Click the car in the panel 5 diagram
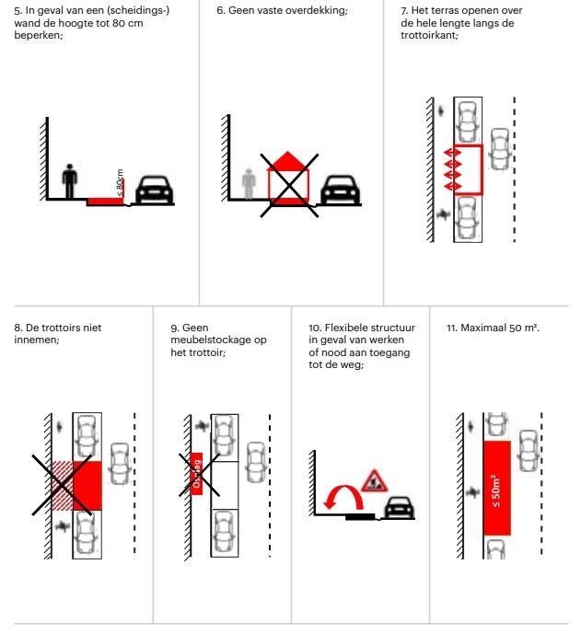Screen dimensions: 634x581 153,190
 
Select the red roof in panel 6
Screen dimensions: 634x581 288,162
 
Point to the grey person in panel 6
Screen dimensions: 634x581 247,182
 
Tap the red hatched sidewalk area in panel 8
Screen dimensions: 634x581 61,484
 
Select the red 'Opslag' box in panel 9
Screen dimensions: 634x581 195,473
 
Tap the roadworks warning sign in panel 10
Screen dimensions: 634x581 375,479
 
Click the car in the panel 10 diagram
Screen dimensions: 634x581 399,505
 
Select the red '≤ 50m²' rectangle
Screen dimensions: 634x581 496,487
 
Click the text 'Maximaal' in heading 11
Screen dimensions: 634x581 483,328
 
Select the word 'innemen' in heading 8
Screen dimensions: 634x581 36,340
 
